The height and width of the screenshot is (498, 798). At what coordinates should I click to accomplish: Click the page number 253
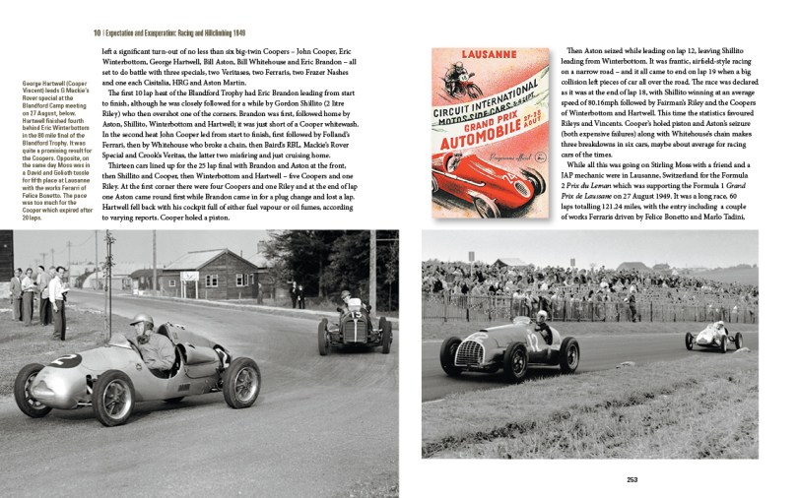pos(632,479)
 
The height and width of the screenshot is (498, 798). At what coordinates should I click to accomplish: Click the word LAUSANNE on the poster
pos(486,55)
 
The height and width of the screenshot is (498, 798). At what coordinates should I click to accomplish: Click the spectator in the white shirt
pos(57,291)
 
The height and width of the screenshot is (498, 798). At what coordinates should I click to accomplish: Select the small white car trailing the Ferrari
pos(714,337)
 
